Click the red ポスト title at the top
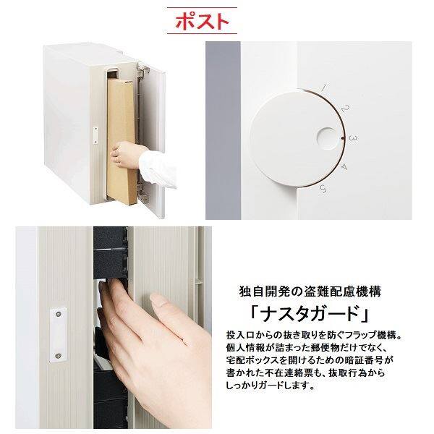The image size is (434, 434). click(x=200, y=21)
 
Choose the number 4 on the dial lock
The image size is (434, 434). click(x=343, y=167)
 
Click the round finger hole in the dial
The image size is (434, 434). click(x=324, y=137)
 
